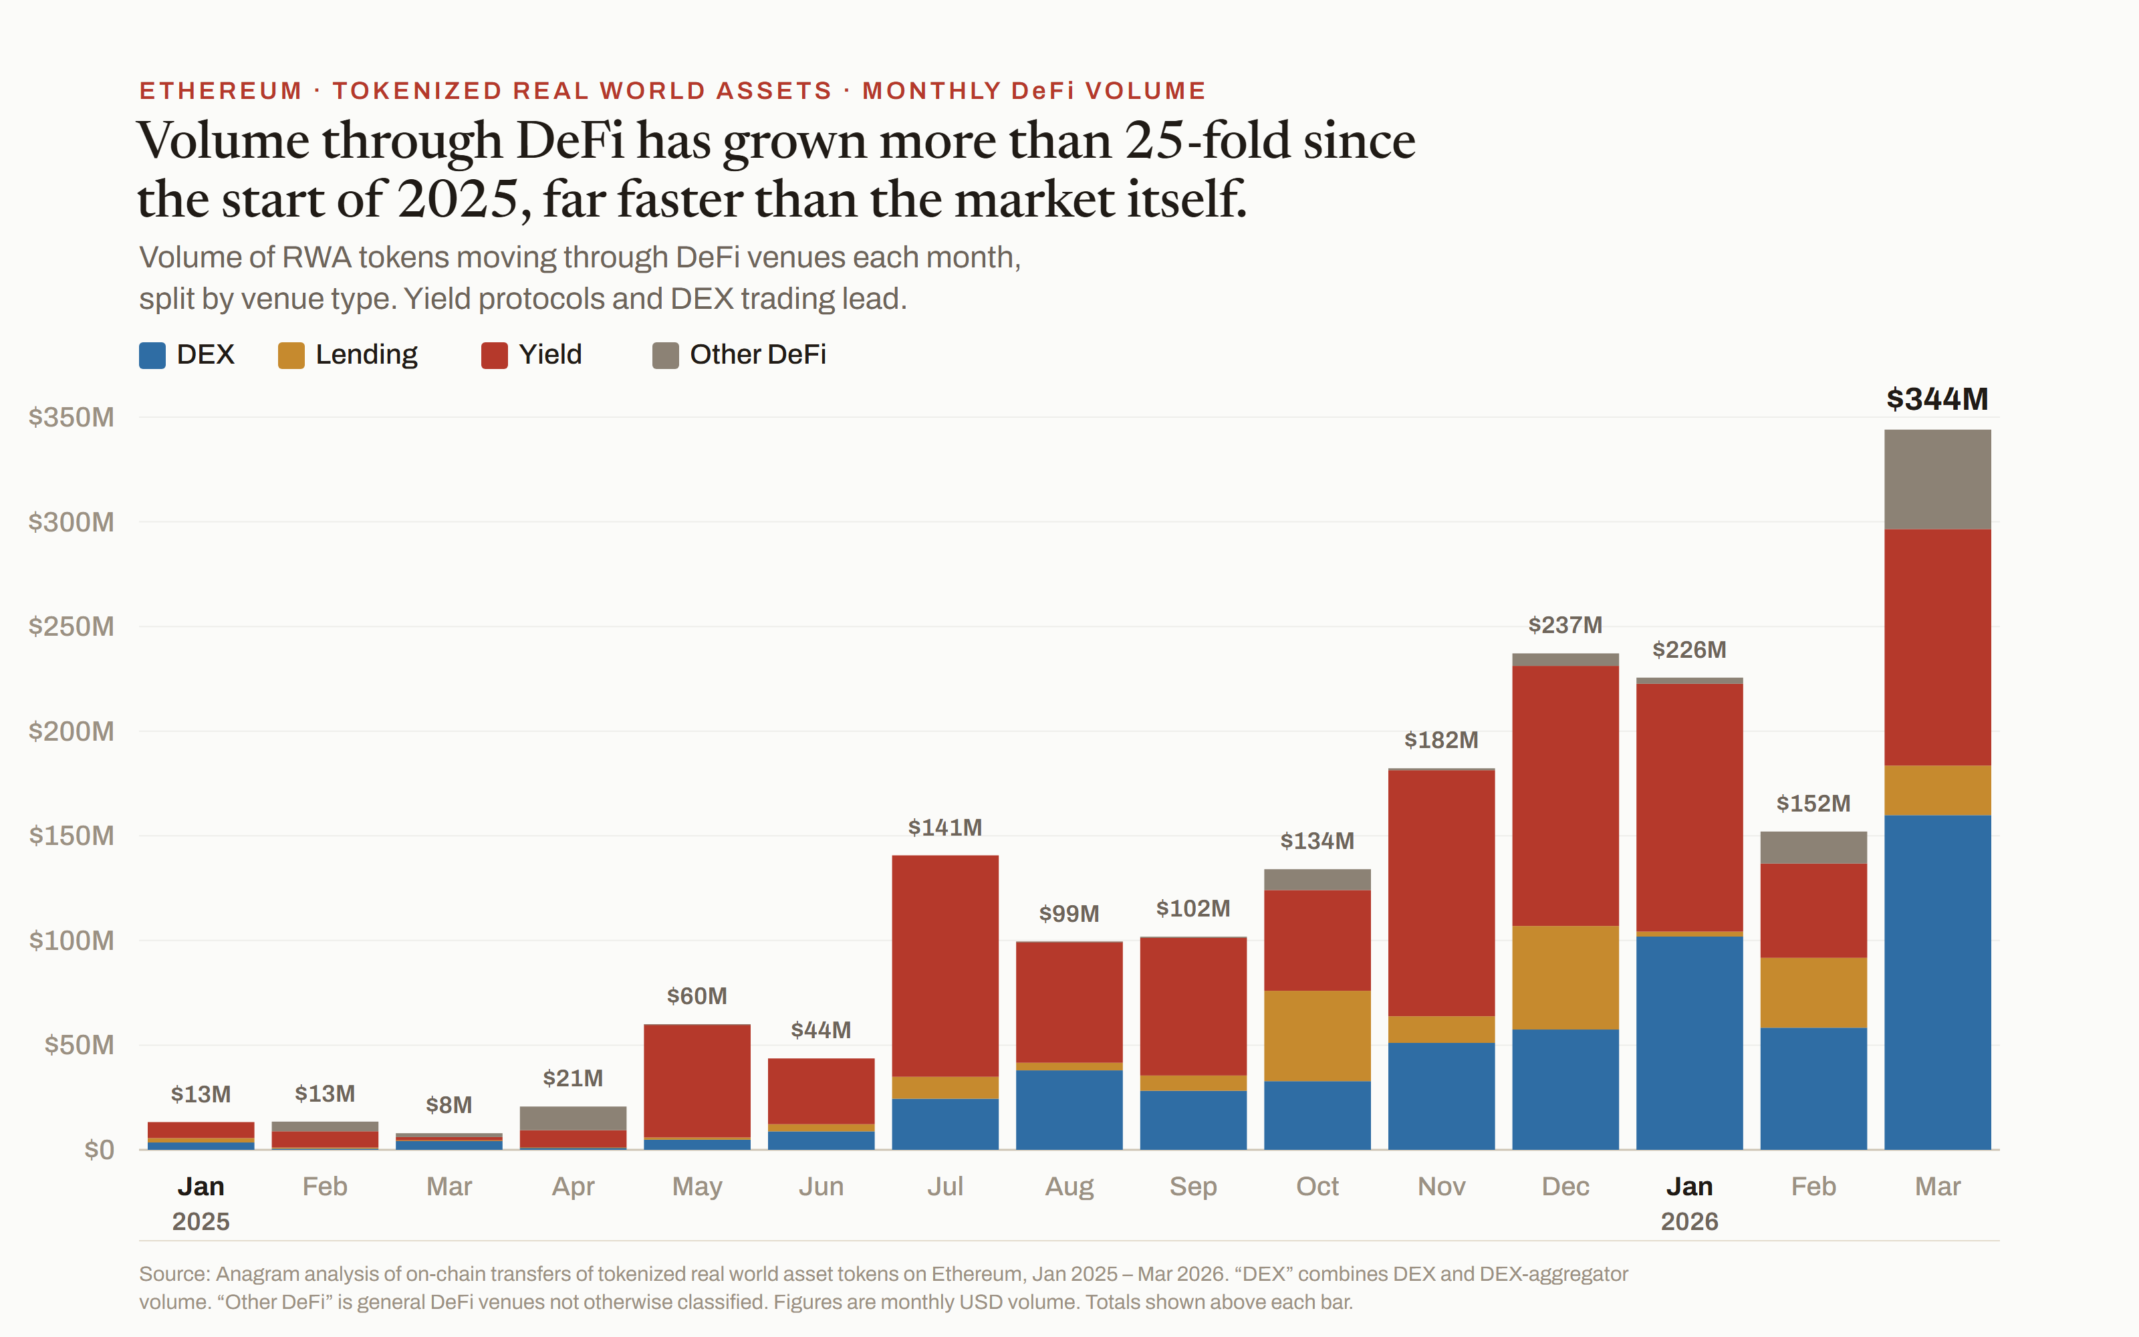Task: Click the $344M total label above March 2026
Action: (1936, 399)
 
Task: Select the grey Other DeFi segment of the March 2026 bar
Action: (1938, 479)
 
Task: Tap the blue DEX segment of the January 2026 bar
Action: (1689, 1043)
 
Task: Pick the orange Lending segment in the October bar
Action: (1317, 1036)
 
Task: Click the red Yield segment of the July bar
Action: (945, 965)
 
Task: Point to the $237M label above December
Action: (1565, 625)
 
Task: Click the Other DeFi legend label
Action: (757, 354)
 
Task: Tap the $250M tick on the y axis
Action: (72, 626)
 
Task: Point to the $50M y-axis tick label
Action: (80, 1045)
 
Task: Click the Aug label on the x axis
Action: (1069, 1187)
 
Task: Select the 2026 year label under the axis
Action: (1689, 1222)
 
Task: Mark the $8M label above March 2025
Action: (449, 1105)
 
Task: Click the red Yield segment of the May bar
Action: (697, 1080)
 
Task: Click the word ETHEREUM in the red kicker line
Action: (221, 91)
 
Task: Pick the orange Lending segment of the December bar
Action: (1565, 977)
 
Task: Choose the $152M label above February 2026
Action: (1813, 804)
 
